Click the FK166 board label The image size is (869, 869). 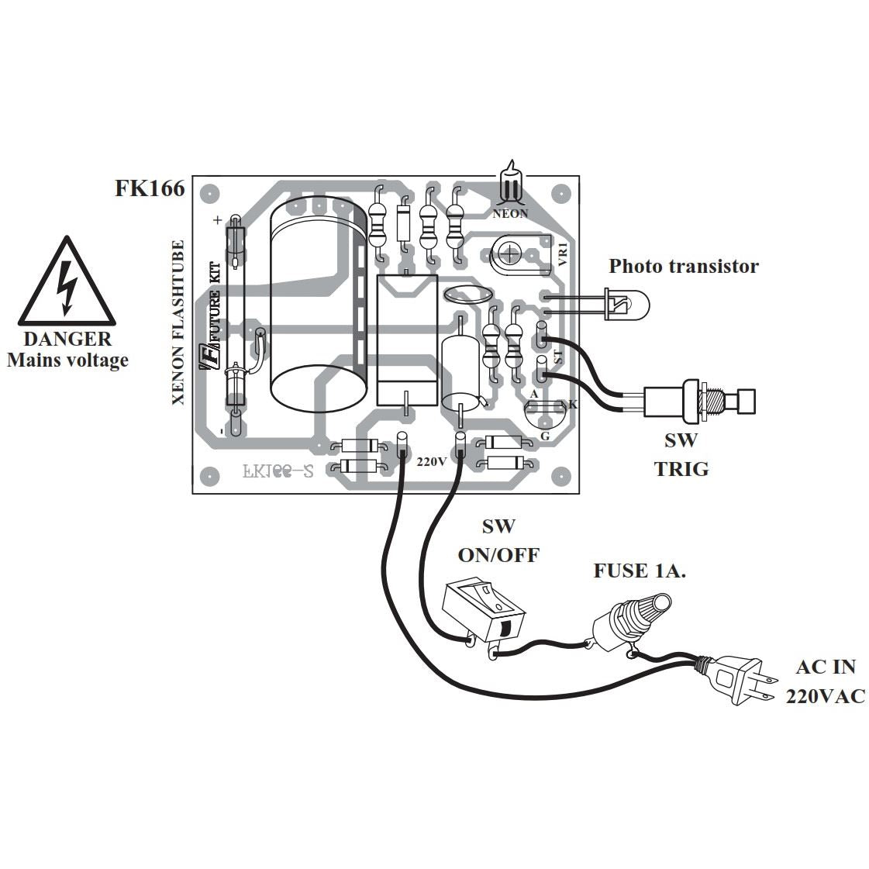pyautogui.click(x=150, y=188)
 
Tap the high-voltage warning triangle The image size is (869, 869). pyautogui.click(x=67, y=284)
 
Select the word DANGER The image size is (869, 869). pyautogui.click(x=67, y=339)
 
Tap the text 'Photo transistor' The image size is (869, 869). pyautogui.click(x=683, y=267)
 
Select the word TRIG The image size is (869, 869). pyautogui.click(x=681, y=469)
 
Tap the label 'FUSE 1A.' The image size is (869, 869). pyautogui.click(x=640, y=571)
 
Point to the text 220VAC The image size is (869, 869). pyautogui.click(x=825, y=696)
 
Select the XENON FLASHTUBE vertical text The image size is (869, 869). pyautogui.click(x=178, y=322)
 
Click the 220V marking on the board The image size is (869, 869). pyautogui.click(x=432, y=460)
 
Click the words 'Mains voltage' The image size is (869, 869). pyautogui.click(x=67, y=360)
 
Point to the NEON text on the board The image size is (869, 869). pyautogui.click(x=510, y=214)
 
